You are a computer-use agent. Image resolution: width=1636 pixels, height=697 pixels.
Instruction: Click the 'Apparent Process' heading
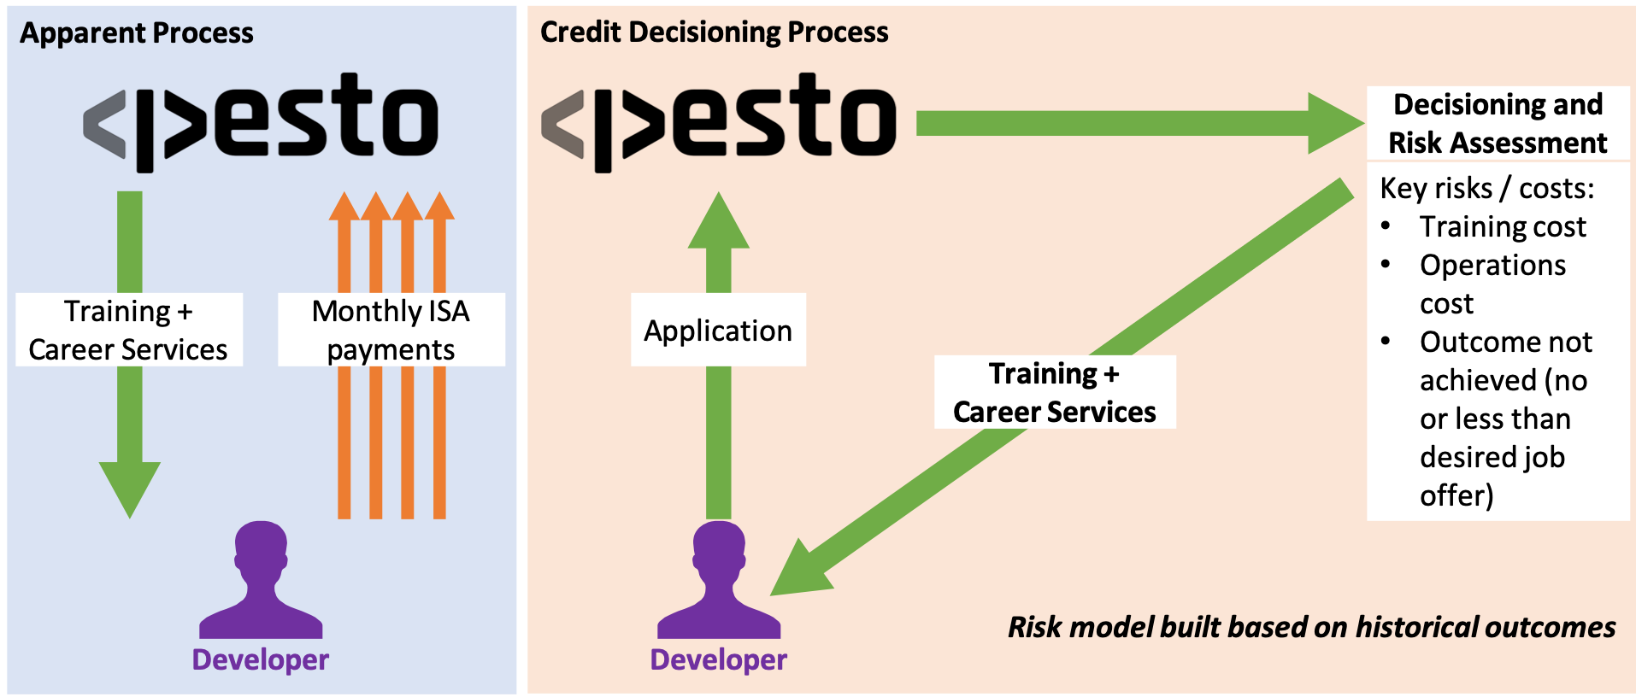[137, 32]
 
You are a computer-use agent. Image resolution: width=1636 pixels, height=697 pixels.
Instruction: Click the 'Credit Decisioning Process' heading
[714, 32]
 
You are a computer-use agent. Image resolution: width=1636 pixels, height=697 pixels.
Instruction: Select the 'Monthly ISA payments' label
[391, 330]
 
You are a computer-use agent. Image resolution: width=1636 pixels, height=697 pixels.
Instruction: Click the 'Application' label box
[718, 330]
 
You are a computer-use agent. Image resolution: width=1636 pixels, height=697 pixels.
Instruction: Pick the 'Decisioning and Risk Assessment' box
[1498, 123]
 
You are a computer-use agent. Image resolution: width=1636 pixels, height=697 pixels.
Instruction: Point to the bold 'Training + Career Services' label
[1054, 392]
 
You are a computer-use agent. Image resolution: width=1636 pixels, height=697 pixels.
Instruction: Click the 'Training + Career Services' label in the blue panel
[128, 330]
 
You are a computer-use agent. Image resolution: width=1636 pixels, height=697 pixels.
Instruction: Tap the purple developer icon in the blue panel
[261, 581]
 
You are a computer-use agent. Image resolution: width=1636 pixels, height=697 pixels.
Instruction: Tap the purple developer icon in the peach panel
[719, 581]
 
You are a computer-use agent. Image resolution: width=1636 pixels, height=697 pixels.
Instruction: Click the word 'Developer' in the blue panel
[261, 659]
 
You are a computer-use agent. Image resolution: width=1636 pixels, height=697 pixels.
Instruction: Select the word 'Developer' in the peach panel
[719, 659]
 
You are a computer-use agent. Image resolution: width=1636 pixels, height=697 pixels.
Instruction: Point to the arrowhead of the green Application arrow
[719, 222]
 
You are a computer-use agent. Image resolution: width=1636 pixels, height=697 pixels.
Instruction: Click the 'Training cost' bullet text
[1503, 226]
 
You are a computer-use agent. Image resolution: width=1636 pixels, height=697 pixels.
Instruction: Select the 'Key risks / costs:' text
[1487, 188]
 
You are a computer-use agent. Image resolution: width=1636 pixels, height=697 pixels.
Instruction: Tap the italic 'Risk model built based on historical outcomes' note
[1311, 627]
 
